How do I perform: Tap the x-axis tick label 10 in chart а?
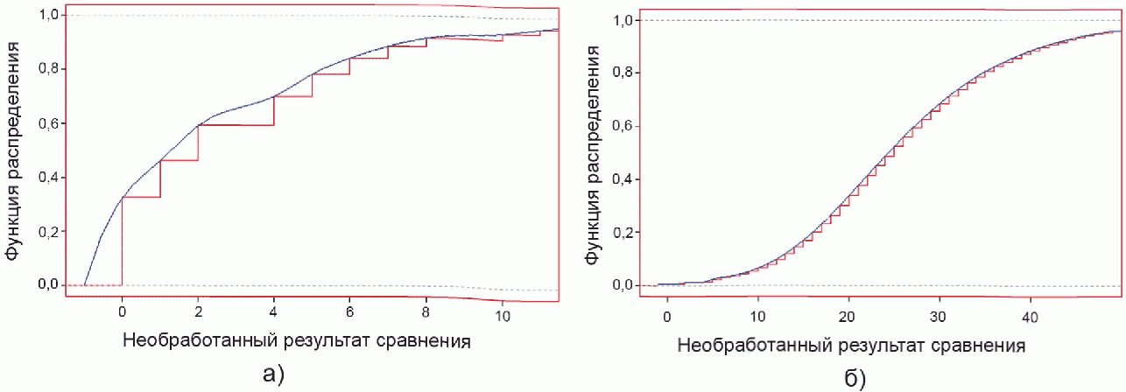[503, 316]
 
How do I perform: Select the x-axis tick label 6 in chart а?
[350, 312]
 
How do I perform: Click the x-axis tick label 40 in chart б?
[1031, 317]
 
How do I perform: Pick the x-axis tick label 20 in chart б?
[848, 317]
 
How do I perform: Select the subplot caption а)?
[273, 374]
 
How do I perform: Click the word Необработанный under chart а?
[199, 341]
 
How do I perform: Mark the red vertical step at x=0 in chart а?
[123, 241]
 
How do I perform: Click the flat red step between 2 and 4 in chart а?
[236, 124]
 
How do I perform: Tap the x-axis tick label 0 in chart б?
[667, 317]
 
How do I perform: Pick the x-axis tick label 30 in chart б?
[939, 317]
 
